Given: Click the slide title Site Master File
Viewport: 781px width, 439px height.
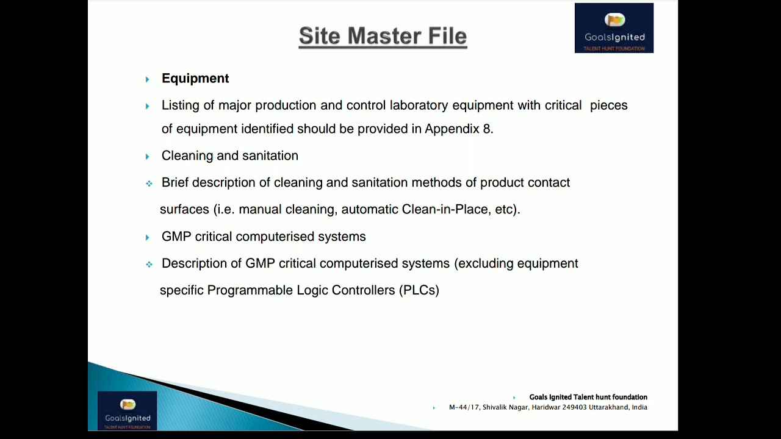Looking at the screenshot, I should tap(383, 36).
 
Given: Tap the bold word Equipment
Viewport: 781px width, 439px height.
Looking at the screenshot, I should tap(195, 78).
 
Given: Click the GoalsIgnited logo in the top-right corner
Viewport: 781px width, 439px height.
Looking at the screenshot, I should tap(614, 28).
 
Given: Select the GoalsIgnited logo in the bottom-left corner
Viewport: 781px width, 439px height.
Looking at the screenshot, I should tap(127, 410).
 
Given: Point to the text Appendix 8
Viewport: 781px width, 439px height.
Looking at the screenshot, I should tap(459, 129).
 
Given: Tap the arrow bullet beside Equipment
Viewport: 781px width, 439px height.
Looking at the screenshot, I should tap(147, 79).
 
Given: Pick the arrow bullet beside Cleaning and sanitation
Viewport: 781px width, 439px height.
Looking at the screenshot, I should tap(147, 157).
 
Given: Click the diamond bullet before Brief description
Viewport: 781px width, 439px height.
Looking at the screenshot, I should tap(149, 184).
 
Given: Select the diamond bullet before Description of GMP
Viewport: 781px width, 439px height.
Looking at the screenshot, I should tap(149, 265).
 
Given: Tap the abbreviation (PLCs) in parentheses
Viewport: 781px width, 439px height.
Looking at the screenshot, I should tap(419, 290).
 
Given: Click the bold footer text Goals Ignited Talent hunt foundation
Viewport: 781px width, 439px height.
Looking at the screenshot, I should tap(588, 397).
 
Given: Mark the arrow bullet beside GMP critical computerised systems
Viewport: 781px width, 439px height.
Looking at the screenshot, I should tap(147, 237).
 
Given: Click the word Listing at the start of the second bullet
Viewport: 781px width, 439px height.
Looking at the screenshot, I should tap(180, 105).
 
